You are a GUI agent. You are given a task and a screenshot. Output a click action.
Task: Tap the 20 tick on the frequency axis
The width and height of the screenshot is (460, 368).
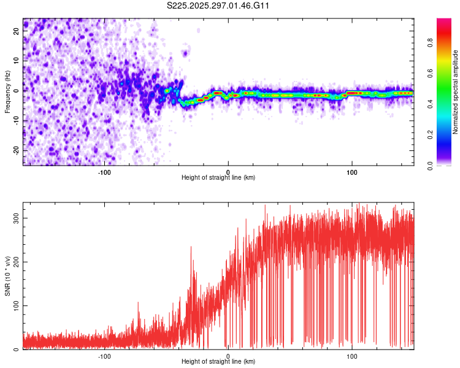[17, 32]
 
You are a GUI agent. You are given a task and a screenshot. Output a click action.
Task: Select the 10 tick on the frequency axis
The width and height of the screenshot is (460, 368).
[17, 61]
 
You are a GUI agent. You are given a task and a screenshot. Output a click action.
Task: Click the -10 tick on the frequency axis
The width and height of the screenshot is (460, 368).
[15, 121]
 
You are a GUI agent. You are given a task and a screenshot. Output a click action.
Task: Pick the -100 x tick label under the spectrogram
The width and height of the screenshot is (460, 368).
[104, 172]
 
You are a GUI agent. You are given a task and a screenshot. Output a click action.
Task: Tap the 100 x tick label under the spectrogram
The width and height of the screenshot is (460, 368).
[352, 172]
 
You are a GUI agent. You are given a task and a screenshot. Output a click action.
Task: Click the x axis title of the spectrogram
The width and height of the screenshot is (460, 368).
[218, 178]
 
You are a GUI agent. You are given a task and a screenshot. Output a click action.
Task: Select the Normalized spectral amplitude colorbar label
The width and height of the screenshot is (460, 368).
[456, 92]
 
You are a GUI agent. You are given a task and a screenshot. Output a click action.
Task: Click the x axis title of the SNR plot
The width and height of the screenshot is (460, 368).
[218, 362]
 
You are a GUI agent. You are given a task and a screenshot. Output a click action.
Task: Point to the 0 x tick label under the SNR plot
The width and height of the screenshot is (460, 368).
[228, 356]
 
